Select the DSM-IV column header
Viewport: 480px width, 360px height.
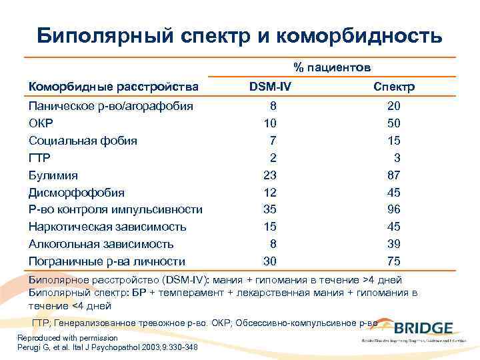tap(269, 87)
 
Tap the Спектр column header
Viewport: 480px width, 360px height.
tap(393, 87)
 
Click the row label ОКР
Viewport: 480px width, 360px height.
tap(41, 123)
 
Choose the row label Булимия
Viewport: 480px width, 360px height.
tap(53, 175)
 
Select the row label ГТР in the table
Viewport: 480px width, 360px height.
tap(39, 158)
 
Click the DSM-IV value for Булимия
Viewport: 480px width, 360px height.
tap(269, 175)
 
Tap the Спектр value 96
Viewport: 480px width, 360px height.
tap(393, 210)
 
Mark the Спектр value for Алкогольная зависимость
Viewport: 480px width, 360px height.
tap(393, 244)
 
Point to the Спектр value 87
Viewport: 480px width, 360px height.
tap(393, 175)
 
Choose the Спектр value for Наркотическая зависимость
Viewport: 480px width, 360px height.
tap(393, 227)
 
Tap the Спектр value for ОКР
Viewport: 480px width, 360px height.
tap(393, 123)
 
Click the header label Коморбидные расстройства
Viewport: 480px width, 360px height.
tap(113, 87)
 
